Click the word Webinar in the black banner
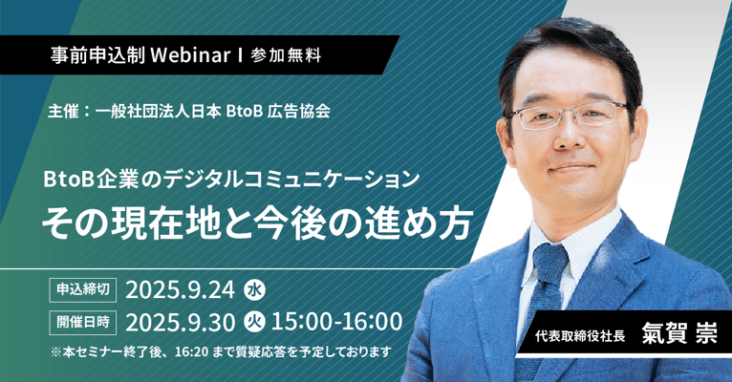click(x=190, y=55)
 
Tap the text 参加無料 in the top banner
click(x=286, y=55)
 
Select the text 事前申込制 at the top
click(x=97, y=55)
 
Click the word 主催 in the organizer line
click(x=63, y=112)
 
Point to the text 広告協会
click(x=299, y=112)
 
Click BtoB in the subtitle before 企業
click(x=69, y=180)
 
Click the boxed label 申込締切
click(x=83, y=289)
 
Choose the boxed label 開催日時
click(x=83, y=322)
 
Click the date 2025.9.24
click(x=181, y=290)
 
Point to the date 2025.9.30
click(x=181, y=322)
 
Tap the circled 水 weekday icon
click(x=254, y=290)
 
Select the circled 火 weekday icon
click(x=254, y=322)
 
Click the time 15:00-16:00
click(x=336, y=322)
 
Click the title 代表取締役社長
click(x=580, y=336)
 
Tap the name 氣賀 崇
click(x=679, y=334)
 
